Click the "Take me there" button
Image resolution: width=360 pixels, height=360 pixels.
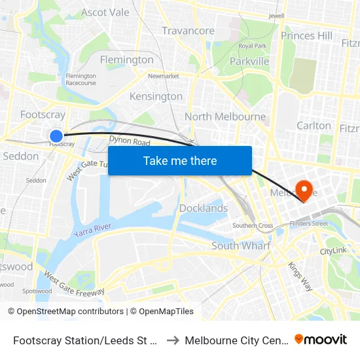click(x=180, y=161)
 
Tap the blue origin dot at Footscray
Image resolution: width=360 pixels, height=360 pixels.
click(x=56, y=136)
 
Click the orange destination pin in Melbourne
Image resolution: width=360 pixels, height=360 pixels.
click(x=304, y=190)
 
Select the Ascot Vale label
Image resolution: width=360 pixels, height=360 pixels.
click(x=105, y=12)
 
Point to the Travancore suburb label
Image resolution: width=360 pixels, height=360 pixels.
click(x=188, y=31)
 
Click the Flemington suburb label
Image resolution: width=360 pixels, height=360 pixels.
click(x=127, y=60)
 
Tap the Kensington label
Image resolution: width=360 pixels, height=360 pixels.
click(x=156, y=96)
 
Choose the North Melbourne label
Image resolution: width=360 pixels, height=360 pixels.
click(x=225, y=117)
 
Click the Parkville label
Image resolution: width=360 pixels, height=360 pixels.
click(x=249, y=61)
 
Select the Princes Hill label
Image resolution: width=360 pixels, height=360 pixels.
click(x=306, y=35)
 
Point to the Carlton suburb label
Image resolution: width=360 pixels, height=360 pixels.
click(x=314, y=125)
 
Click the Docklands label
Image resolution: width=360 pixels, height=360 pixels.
click(x=204, y=208)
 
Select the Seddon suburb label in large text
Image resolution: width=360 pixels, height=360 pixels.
click(x=21, y=156)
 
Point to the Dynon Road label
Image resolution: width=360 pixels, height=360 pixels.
click(x=130, y=142)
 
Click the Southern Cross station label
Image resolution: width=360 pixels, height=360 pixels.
click(x=253, y=226)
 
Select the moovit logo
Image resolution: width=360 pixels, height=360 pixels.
click(x=321, y=339)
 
